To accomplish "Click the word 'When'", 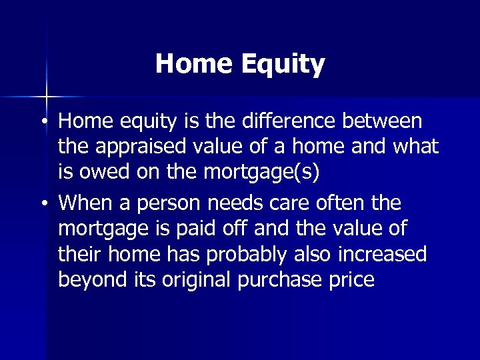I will tap(87, 201).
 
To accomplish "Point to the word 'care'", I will tap(316, 201).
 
